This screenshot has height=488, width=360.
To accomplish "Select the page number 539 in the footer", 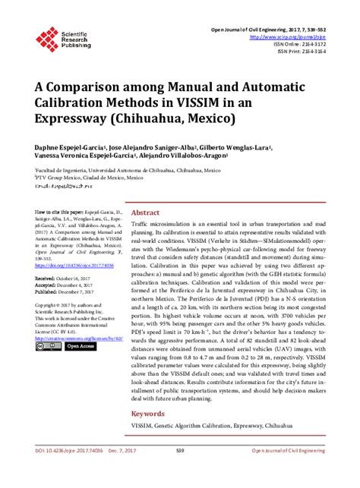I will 180,471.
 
